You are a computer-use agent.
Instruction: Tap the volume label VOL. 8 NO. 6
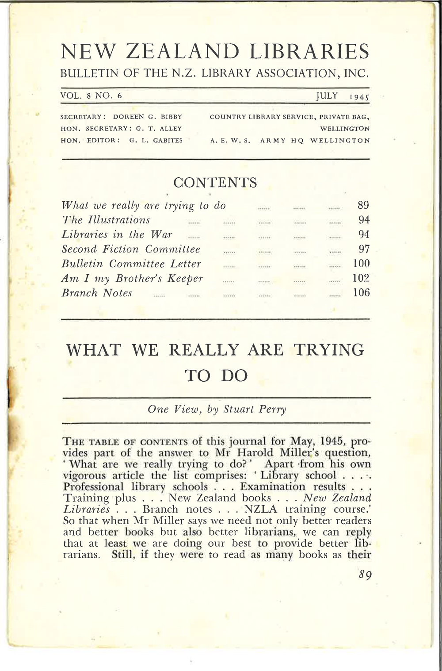(x=92, y=96)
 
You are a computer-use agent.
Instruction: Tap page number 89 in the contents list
(x=363, y=206)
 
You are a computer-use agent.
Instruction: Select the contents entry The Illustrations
(x=106, y=220)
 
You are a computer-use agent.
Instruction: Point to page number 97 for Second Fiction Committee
(x=363, y=249)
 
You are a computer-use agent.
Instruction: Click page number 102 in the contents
(x=361, y=279)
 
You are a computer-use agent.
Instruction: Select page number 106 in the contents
(x=361, y=293)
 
